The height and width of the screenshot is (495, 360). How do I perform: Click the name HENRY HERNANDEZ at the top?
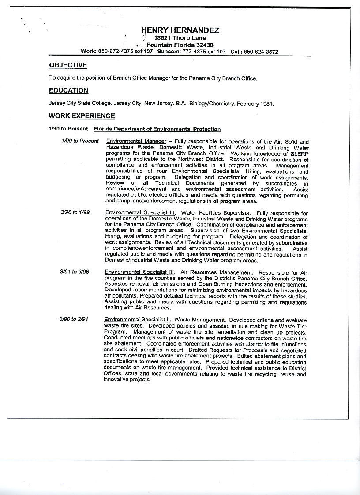pos(180,30)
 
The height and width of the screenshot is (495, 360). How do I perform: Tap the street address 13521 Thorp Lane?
pos(177,38)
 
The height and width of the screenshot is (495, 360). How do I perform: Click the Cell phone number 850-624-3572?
pos(261,52)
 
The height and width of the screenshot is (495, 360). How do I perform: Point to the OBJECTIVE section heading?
pos(68,65)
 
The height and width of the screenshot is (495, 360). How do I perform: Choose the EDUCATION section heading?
pos(68,90)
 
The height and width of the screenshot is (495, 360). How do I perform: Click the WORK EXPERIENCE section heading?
pos(82,116)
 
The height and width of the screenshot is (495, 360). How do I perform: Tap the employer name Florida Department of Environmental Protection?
pos(157,129)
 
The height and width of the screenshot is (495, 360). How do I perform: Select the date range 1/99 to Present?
pos(80,141)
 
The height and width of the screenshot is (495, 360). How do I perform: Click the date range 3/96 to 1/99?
pos(75,212)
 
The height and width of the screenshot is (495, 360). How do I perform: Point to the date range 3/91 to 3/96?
pos(75,272)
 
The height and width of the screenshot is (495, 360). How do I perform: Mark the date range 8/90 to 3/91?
pos(74,319)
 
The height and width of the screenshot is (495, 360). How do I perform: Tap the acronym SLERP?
pos(299,153)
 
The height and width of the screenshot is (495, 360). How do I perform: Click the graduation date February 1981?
pos(255,104)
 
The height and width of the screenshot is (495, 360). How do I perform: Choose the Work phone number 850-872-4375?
pos(116,52)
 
